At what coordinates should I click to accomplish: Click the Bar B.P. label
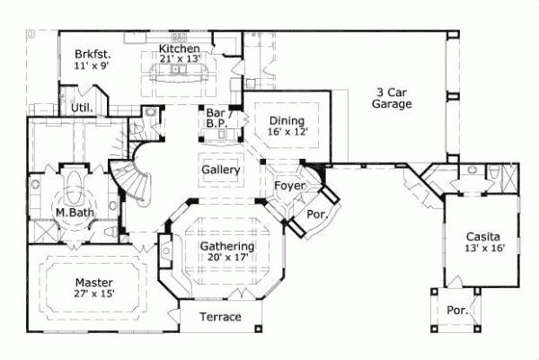click(215, 119)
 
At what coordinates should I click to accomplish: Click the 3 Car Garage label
click(393, 98)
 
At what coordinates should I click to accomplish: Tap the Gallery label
click(219, 170)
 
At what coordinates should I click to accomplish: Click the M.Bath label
click(70, 213)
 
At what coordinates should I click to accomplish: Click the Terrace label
click(220, 318)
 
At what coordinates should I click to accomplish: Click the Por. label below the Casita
click(457, 311)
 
